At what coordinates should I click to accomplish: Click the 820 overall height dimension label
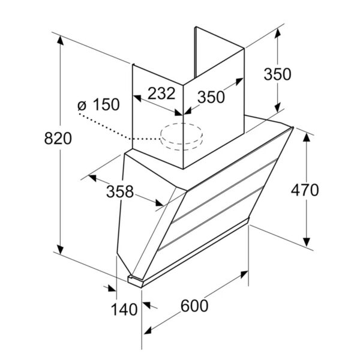pyautogui.click(x=58, y=139)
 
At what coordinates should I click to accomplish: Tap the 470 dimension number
pyautogui.click(x=305, y=190)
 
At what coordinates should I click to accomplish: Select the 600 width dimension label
pyautogui.click(x=194, y=306)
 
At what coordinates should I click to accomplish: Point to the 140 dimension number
pyautogui.click(x=124, y=310)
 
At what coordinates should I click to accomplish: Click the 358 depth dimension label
pyautogui.click(x=120, y=192)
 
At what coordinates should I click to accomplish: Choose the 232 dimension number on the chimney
pyautogui.click(x=161, y=94)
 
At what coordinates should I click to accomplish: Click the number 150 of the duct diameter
pyautogui.click(x=106, y=104)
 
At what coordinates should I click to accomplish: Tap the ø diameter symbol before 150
pyautogui.click(x=82, y=106)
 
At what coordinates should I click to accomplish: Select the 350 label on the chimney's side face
pyautogui.click(x=211, y=97)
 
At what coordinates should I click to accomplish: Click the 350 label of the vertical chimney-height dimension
pyautogui.click(x=277, y=74)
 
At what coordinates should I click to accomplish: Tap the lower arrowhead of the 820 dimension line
pyautogui.click(x=60, y=249)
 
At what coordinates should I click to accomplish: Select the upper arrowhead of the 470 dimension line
pyautogui.click(x=307, y=137)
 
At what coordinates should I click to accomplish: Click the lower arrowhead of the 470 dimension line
pyautogui.click(x=307, y=242)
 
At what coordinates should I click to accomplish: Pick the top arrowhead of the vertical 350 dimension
pyautogui.click(x=278, y=33)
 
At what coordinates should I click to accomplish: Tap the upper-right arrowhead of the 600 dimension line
pyautogui.click(x=244, y=275)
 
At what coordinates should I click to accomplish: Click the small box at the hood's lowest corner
pyautogui.click(x=136, y=281)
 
